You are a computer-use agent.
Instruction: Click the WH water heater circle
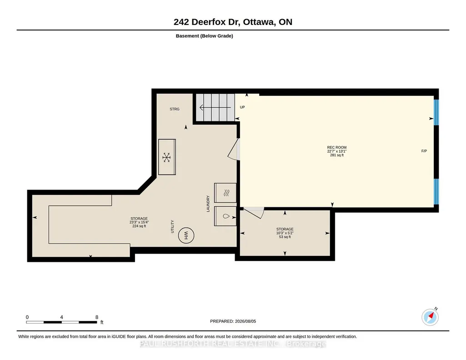point(186,235)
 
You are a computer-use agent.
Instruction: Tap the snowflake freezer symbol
point(166,157)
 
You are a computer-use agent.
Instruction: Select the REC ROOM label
point(337,147)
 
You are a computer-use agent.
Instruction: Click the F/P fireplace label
point(424,151)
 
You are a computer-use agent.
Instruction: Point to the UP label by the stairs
point(242,107)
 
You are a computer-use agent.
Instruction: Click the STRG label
point(175,109)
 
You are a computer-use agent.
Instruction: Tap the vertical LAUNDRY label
point(208,204)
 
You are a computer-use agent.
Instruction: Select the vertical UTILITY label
point(172,227)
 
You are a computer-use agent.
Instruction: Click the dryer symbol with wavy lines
point(226,193)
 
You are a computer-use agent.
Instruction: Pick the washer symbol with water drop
point(226,216)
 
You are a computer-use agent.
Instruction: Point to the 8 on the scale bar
point(96,317)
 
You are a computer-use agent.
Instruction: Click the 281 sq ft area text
point(337,155)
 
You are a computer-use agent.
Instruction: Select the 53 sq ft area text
point(285,237)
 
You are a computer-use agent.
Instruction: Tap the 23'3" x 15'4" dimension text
point(139,222)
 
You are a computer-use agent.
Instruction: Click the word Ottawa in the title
point(259,22)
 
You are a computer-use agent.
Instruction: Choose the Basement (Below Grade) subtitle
point(204,36)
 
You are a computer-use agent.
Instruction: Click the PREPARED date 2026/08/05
point(246,321)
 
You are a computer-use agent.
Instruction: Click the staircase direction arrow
point(215,107)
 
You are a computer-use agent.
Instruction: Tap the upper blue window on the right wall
point(436,112)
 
